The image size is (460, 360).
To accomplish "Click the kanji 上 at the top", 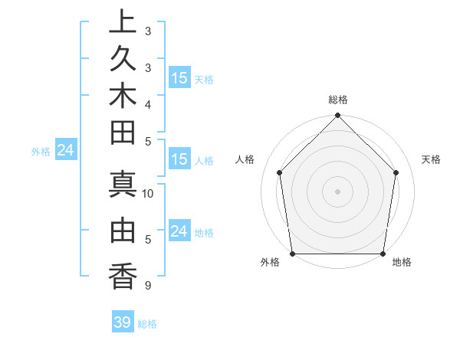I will coord(123,22).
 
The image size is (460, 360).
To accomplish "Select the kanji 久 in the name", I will coord(123,58).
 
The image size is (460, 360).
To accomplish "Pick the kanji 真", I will coord(123,185).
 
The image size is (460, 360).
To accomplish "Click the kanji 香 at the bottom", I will coord(123,276).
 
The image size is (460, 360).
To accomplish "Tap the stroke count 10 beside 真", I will coord(149,194).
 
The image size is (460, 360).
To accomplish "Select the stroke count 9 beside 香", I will coord(146,286).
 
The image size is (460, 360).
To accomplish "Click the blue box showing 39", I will coord(123,322).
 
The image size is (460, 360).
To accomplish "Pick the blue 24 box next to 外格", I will coord(66,151).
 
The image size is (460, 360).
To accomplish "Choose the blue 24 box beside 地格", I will coord(179,231).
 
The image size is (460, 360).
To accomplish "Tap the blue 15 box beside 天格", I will coord(179,78).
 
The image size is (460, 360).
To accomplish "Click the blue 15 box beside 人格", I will coord(179,160).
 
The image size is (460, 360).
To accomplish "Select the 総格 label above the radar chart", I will coord(338,100).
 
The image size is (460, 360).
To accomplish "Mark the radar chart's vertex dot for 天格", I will coord(396,172).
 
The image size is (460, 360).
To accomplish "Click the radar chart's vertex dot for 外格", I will coord(292,254).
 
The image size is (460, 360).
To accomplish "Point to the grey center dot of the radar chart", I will coord(337,191).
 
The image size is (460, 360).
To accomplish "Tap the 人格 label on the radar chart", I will coord(245,159).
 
